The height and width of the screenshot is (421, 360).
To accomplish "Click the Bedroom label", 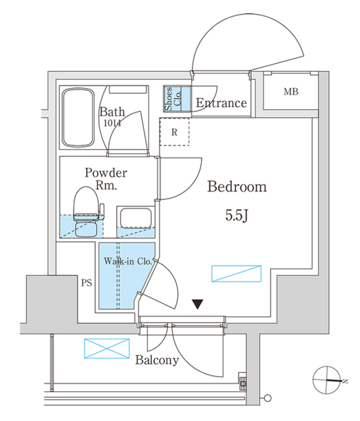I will (237, 186).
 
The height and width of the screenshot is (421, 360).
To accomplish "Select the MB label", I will (291, 92).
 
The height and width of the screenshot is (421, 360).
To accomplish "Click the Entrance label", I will (221, 103).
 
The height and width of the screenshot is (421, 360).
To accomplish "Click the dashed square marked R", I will (174, 132).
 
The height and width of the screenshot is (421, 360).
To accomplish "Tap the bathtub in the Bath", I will (78, 118).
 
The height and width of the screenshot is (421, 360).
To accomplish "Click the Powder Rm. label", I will (106, 179).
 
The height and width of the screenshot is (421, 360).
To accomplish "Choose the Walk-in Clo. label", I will (127, 261).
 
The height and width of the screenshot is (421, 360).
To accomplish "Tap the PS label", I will (87, 283).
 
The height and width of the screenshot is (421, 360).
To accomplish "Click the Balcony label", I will (157, 361).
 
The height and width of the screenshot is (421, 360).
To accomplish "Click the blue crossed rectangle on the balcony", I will (106, 349).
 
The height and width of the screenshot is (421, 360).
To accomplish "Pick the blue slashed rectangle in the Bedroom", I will (236, 274).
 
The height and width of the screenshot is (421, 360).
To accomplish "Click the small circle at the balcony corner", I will (268, 398).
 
